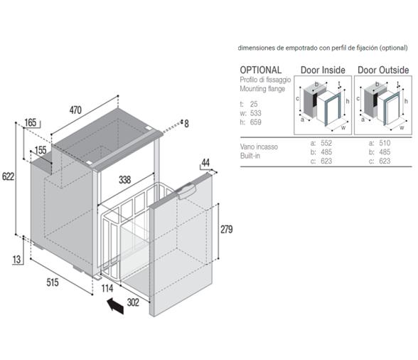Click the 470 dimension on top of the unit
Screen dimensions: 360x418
pos(75,110)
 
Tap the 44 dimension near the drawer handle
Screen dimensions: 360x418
pos(206,163)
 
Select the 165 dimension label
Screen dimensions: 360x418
pos(30,123)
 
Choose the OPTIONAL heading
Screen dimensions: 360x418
pos(261,70)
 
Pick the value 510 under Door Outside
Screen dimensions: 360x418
pos(384,143)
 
